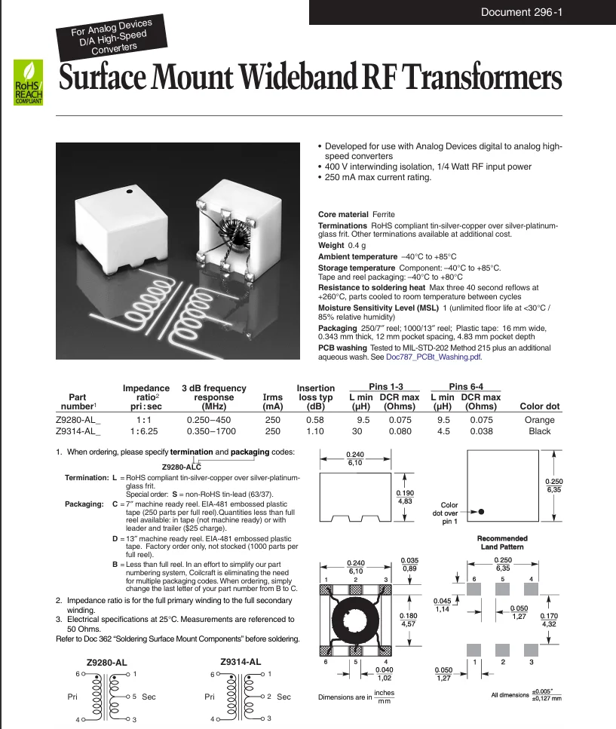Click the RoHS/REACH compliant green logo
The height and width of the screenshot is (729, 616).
29,82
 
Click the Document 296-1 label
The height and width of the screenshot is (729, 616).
522,12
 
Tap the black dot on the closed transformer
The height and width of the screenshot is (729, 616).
129,191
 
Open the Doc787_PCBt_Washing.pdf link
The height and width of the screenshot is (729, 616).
434,357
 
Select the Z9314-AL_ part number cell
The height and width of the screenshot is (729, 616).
78,431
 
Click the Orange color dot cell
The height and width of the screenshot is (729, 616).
539,420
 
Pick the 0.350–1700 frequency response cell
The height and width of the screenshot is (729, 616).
211,431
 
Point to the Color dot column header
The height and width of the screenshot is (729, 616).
539,406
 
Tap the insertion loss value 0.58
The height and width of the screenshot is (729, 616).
314,420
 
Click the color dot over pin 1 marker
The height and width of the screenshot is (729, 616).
481,512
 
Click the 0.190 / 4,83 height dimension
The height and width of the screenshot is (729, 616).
405,497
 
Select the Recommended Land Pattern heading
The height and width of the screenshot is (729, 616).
502,543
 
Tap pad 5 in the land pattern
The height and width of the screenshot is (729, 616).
503,589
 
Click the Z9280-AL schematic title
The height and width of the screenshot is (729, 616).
106,663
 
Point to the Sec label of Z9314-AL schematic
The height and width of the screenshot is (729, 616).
283,697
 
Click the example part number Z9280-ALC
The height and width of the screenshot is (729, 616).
181,467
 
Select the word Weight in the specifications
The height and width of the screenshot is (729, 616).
331,245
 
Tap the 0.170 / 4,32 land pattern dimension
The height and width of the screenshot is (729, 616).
549,620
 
